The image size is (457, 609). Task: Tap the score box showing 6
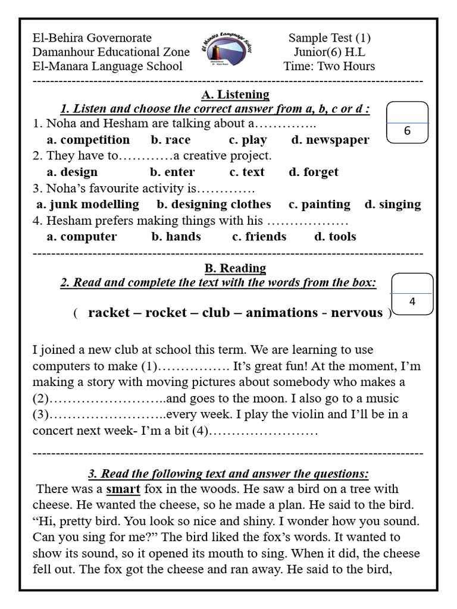[408, 123]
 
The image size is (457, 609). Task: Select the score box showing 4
[412, 294]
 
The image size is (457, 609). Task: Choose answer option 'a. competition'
[88, 140]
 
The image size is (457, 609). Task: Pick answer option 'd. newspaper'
[330, 140]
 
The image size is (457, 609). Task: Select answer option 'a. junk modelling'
[87, 204]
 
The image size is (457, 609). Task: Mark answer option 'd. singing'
[392, 204]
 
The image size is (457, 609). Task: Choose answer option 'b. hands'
[176, 236]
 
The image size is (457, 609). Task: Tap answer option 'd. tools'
[335, 236]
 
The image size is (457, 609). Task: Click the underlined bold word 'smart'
[123, 489]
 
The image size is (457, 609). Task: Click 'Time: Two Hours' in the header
[330, 66]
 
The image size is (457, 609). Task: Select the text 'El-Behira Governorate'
[92, 37]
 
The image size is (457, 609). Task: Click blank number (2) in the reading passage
[98, 398]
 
